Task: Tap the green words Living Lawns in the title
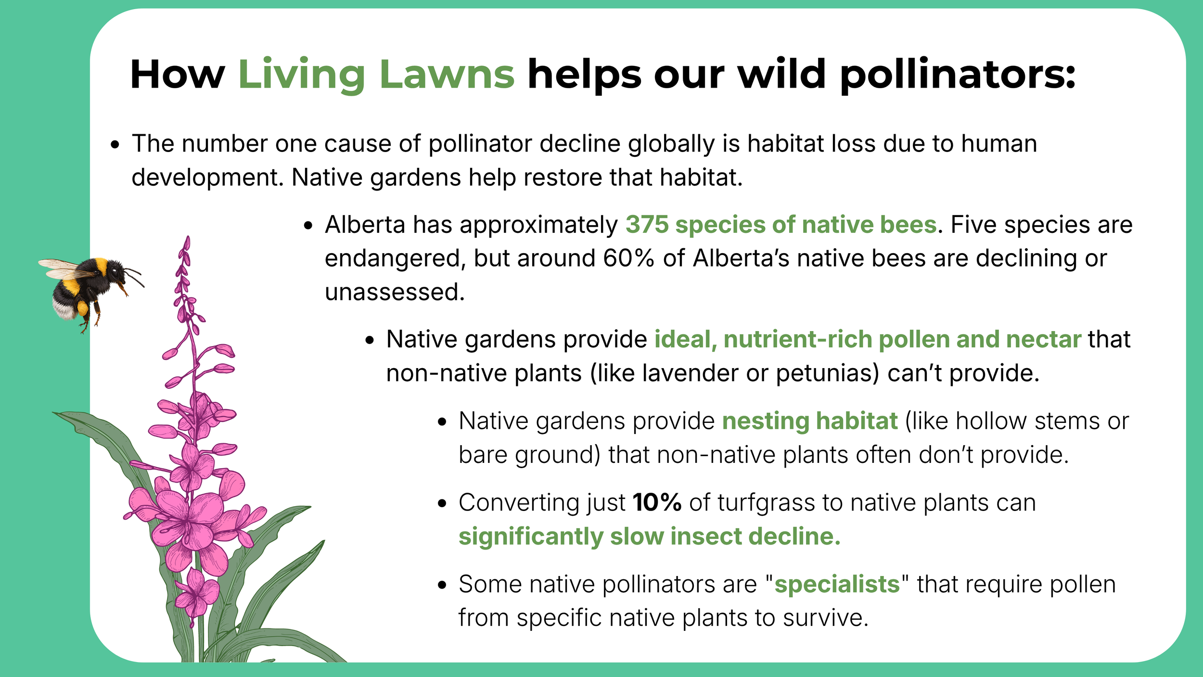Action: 376,75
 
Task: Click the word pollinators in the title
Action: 958,75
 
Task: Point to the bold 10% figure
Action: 657,503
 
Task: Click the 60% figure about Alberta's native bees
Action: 628,258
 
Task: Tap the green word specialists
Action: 837,585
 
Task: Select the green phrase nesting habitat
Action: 810,422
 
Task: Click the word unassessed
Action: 395,292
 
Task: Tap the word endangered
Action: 396,259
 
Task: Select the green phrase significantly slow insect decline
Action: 649,536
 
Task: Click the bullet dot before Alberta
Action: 308,226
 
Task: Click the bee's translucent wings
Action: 65,268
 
